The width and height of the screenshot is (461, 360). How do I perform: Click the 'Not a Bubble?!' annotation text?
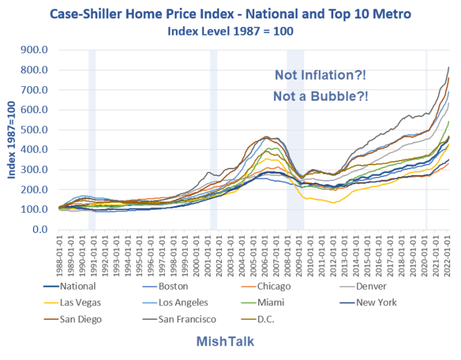click(x=321, y=96)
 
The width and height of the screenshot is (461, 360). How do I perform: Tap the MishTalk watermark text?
click(x=226, y=342)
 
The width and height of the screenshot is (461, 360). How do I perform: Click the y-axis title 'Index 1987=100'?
click(x=12, y=140)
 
